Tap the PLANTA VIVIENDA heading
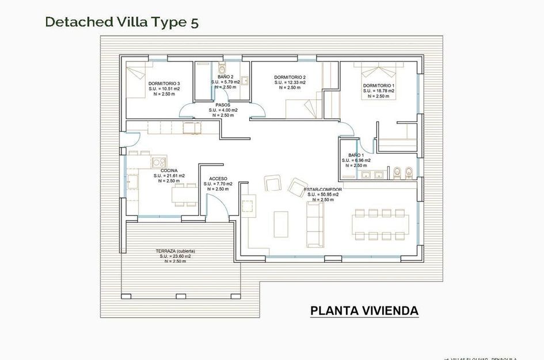(x=364, y=311)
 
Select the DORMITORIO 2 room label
(x=290, y=77)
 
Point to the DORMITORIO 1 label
(x=378, y=85)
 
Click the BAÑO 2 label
(x=225, y=77)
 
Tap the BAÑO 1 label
(x=356, y=156)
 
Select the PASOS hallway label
(x=223, y=105)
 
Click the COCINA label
(x=169, y=170)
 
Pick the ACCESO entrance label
(x=218, y=179)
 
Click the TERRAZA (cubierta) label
(x=176, y=251)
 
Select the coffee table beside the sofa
(x=281, y=223)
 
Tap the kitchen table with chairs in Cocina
(x=184, y=195)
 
